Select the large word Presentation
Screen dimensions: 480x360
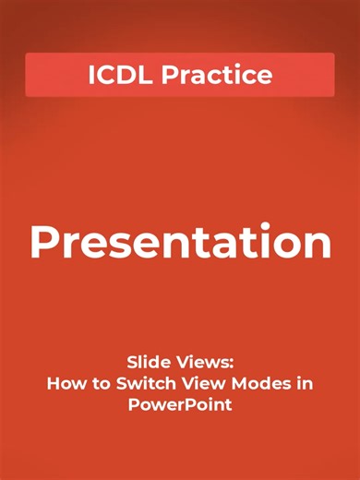tap(180, 243)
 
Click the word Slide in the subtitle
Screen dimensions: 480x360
tap(146, 365)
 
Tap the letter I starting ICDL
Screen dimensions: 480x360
tap(91, 76)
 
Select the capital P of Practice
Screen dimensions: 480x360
tap(170, 76)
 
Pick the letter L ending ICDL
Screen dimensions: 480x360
tap(148, 76)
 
